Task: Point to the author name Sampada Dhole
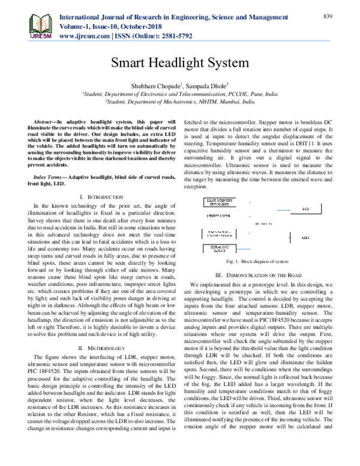206,85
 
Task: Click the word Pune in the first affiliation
254,95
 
